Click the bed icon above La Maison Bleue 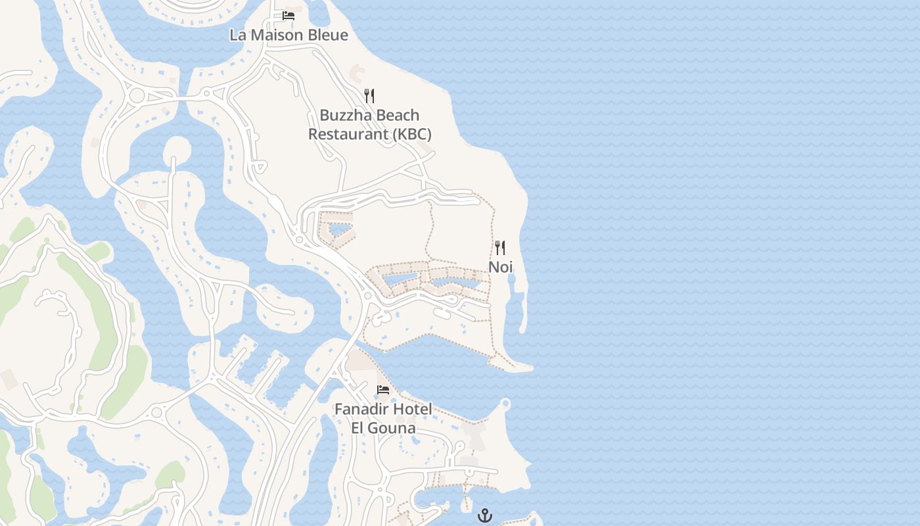288,15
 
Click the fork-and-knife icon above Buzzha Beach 369,96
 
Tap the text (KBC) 412,135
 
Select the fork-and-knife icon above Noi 500,248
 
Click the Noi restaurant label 500,267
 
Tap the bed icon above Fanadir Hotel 383,390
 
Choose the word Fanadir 363,410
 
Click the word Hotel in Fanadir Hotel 415,410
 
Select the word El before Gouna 358,429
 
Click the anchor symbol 484,515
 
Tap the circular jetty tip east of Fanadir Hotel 505,403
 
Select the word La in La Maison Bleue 237,35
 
